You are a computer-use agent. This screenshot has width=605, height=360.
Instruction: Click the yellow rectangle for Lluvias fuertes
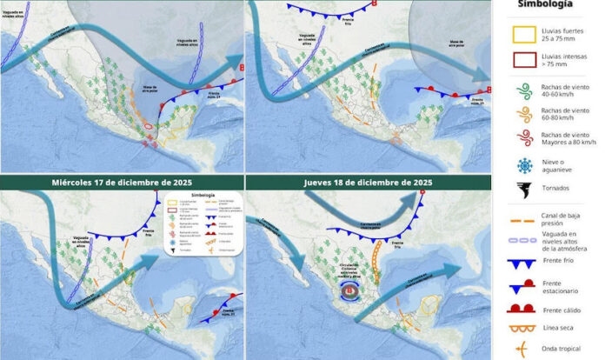(527, 37)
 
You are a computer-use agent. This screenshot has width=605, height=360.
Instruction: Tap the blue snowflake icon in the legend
(527, 167)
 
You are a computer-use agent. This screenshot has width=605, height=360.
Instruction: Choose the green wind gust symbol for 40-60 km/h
(527, 89)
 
